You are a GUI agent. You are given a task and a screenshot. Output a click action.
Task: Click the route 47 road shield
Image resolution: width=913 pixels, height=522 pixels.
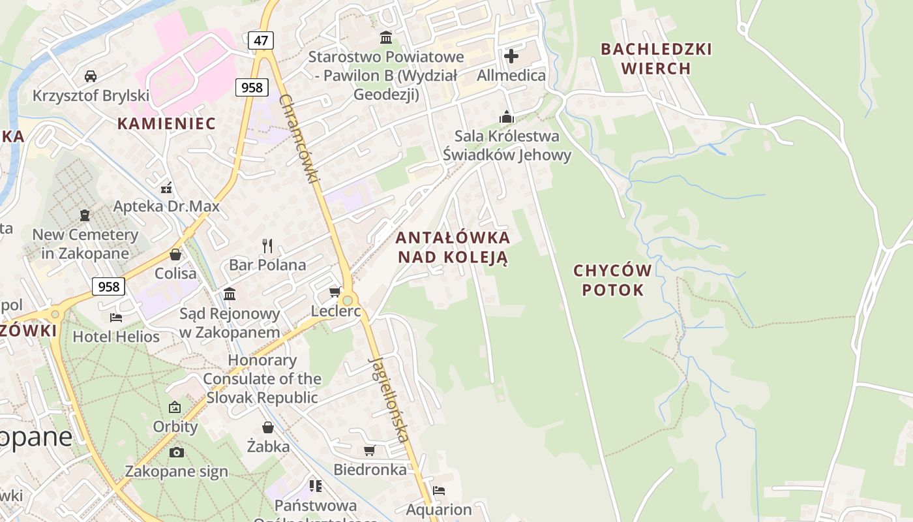(x=261, y=40)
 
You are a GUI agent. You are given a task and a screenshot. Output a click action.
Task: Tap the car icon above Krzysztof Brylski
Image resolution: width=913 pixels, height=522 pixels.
(x=91, y=76)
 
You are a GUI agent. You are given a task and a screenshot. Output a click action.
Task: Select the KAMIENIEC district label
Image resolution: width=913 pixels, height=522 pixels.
(x=166, y=123)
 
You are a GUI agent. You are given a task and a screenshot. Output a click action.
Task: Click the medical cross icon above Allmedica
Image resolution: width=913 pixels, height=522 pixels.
(x=511, y=56)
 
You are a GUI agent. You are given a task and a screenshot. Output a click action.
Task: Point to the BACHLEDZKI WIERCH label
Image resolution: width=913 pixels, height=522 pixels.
(x=656, y=59)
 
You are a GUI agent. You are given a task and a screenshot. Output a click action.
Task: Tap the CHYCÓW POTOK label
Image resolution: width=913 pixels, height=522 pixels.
(x=613, y=280)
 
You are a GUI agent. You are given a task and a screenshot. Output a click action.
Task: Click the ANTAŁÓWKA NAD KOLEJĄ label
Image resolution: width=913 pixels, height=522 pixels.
(x=453, y=247)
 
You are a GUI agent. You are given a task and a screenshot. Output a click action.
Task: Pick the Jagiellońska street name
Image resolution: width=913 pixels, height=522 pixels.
(x=390, y=399)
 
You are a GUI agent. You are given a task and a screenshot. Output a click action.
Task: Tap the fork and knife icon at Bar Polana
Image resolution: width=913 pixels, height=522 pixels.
(x=267, y=245)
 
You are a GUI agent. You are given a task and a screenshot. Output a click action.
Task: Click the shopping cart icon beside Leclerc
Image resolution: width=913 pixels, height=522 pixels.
(x=335, y=292)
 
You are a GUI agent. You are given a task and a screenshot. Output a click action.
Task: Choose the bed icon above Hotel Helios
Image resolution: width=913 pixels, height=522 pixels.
(x=116, y=318)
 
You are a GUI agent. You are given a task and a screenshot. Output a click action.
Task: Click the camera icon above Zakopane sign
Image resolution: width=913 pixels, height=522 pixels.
(x=176, y=452)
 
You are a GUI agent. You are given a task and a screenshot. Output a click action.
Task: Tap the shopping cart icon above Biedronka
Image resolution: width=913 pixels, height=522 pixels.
(x=370, y=450)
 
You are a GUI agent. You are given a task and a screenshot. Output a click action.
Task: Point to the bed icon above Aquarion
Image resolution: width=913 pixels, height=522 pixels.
(x=439, y=491)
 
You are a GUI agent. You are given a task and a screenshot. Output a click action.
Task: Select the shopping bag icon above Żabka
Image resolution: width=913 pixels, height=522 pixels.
(x=268, y=427)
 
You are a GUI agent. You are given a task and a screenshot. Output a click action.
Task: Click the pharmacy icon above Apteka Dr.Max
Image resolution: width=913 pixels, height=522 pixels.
(x=166, y=188)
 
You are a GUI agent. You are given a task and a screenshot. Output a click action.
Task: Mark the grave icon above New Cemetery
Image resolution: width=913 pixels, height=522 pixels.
(x=85, y=215)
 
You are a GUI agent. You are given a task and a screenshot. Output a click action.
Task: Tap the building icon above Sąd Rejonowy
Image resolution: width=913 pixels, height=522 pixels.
(x=230, y=294)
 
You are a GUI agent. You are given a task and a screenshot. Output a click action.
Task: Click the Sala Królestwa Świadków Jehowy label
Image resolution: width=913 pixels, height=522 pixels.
(x=507, y=146)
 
